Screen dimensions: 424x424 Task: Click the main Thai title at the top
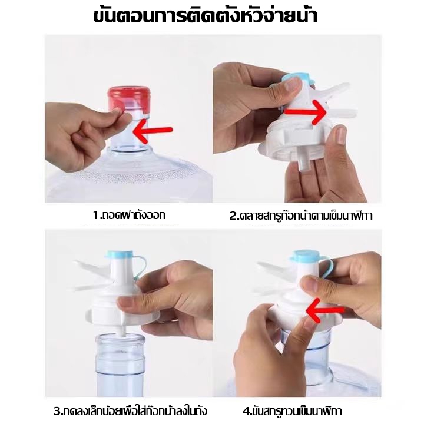(206, 15)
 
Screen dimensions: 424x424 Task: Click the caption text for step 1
(129, 216)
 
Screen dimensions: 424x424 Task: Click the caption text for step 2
(301, 216)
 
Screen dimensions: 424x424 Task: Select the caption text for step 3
(130, 411)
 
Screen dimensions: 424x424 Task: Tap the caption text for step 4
(292, 411)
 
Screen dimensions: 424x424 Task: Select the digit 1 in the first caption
(96, 216)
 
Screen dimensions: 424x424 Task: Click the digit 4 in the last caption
(246, 412)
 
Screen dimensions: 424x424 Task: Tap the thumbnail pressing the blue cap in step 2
(293, 85)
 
